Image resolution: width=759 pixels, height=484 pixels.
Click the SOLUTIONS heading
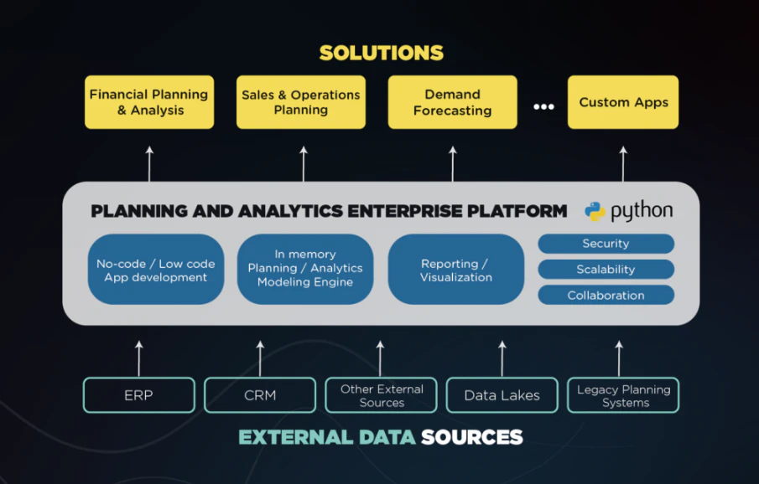point(381,53)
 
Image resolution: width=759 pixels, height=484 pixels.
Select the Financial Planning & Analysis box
point(149,102)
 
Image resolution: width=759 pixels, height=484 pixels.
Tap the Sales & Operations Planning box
point(300,102)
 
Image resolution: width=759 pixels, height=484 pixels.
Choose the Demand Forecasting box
point(452,102)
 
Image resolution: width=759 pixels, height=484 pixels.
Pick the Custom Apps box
point(623,102)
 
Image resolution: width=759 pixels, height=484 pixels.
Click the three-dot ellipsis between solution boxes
point(543,106)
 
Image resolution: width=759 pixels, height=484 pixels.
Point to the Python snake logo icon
point(595,211)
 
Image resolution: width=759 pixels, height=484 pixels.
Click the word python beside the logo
point(642,211)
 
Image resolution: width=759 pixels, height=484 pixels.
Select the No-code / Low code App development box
point(155,270)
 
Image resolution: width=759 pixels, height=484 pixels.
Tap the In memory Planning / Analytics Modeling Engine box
point(305,269)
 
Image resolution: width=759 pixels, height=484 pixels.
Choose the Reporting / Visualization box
point(455,270)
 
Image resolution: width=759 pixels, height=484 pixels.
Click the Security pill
point(606,244)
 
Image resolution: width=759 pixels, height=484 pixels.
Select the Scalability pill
point(606,270)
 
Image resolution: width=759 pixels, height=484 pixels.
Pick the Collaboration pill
point(606,296)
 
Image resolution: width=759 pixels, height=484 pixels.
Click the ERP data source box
point(138,395)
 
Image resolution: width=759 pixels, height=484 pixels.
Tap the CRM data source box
point(260,395)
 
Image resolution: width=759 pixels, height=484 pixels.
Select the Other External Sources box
point(382,395)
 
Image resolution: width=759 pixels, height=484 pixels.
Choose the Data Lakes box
point(502,395)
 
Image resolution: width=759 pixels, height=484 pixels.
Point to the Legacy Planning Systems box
point(623,395)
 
